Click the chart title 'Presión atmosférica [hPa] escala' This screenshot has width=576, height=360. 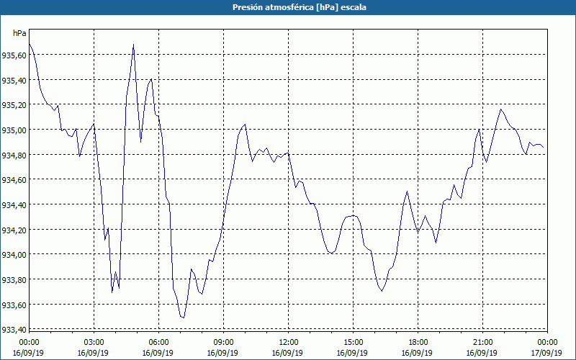[288, 7]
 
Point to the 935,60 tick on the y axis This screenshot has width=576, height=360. [14, 55]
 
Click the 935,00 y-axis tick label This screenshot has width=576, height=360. [14, 130]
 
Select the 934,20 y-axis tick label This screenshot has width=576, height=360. [14, 230]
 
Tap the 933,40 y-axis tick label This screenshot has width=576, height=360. [14, 330]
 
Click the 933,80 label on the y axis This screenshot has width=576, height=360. [14, 279]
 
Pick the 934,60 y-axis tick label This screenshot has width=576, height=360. [14, 179]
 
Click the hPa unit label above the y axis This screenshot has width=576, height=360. [19, 33]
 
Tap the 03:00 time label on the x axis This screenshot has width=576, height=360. [94, 341]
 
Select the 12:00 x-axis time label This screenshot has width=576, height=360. [288, 341]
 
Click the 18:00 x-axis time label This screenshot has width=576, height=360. [418, 341]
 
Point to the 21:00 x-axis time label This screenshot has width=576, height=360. [482, 341]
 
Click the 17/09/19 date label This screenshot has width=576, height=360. [547, 353]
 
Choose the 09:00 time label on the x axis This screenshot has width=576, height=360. [223, 341]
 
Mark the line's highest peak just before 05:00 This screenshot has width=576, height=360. [133, 45]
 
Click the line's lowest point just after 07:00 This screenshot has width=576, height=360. [184, 318]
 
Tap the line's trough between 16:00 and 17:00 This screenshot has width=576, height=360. [382, 291]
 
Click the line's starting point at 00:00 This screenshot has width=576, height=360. [29, 45]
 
